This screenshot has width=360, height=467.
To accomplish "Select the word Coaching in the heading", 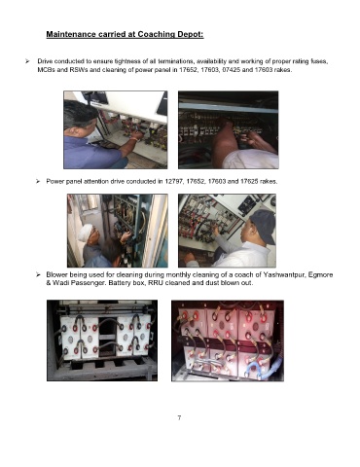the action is tap(157, 34).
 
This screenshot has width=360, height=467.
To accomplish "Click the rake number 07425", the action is tap(231, 70).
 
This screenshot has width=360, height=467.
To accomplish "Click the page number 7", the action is tap(179, 417).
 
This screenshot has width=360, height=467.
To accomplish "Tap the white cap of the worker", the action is tap(86, 232).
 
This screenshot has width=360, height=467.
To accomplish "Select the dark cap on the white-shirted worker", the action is tap(263, 224).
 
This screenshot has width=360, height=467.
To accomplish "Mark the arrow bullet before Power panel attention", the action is tap(38, 181).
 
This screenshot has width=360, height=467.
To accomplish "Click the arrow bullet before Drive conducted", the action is tap(27, 61).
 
